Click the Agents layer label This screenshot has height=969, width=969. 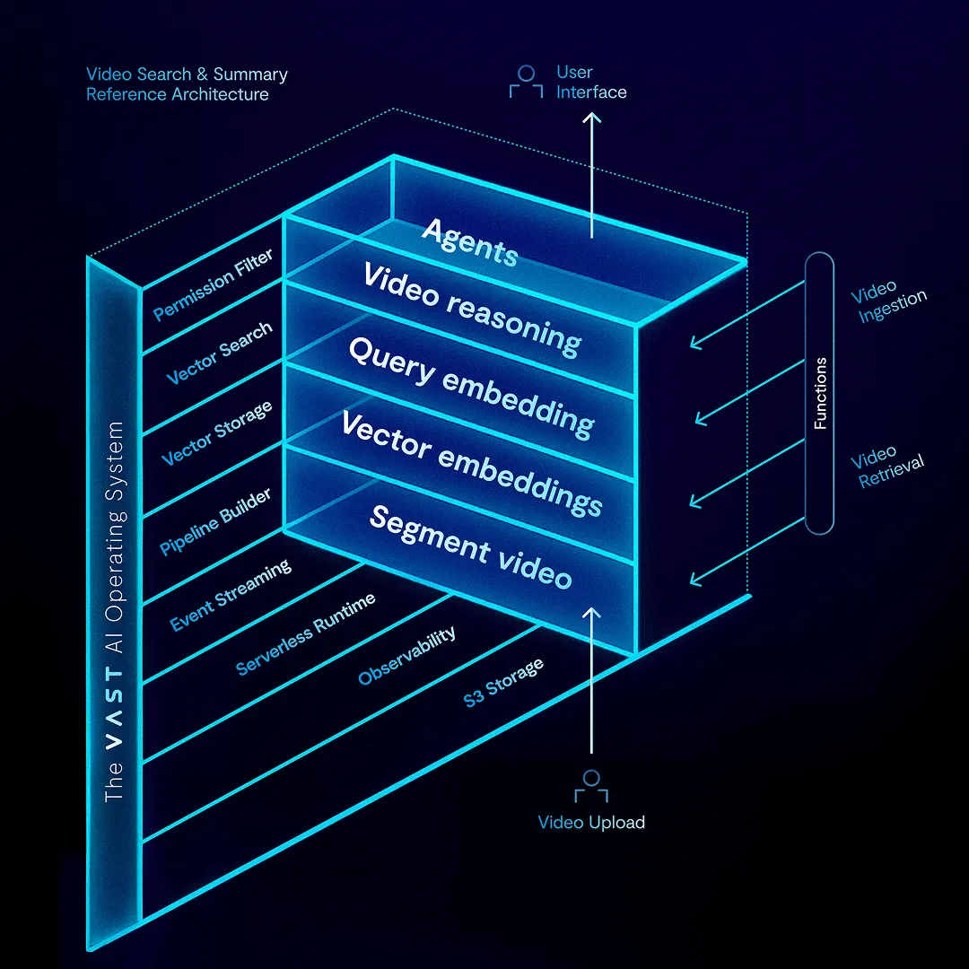pyautogui.click(x=469, y=242)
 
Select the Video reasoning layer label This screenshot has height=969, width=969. pyautogui.click(x=472, y=310)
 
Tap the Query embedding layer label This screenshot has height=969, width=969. pyautogui.click(x=470, y=388)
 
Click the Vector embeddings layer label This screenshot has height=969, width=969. pyautogui.click(x=472, y=464)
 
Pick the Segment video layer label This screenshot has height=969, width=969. pyautogui.click(x=470, y=547)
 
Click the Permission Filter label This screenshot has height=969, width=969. pyautogui.click(x=213, y=284)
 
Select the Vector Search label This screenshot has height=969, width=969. pyautogui.click(x=219, y=354)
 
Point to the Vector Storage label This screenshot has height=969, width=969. pyautogui.click(x=216, y=434)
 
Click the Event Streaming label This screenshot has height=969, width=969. pyautogui.click(x=231, y=595)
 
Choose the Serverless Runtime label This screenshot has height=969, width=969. pyautogui.click(x=305, y=633)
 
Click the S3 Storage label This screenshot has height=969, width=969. pyautogui.click(x=503, y=682)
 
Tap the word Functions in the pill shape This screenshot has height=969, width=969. pyautogui.click(x=820, y=393)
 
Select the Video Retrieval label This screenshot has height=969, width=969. pyautogui.click(x=888, y=467)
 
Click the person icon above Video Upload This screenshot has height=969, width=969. pyautogui.click(x=590, y=786)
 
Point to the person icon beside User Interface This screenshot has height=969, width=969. pyautogui.click(x=526, y=81)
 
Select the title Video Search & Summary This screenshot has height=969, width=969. pyautogui.click(x=187, y=74)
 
